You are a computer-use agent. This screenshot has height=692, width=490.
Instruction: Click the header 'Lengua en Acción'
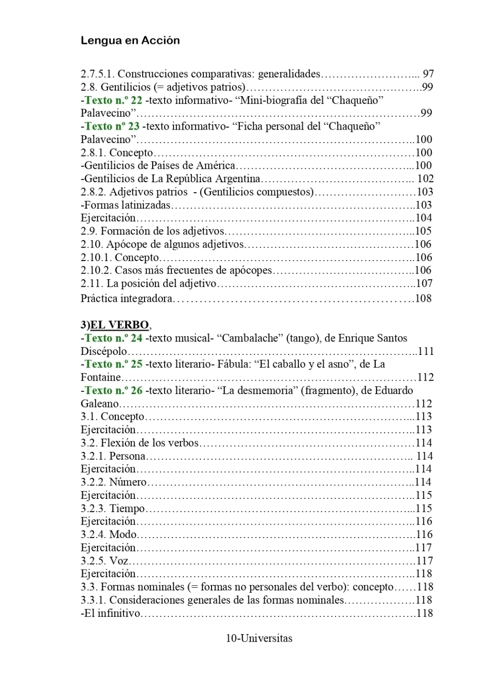pos(130,41)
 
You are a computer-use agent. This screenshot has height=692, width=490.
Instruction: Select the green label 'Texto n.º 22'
pos(113,100)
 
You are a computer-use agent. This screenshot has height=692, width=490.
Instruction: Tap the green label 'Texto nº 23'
pos(112,126)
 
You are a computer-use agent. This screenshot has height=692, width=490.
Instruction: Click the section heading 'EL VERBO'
pos(120,325)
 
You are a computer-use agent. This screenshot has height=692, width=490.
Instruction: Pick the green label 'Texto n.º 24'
pos(113,338)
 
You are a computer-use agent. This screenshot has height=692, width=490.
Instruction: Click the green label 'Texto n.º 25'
pos(113,364)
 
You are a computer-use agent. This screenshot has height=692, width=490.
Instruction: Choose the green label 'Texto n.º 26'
pos(113,390)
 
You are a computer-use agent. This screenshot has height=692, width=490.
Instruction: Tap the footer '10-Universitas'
pos(259,638)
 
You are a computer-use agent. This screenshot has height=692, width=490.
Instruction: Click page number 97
pos(428,74)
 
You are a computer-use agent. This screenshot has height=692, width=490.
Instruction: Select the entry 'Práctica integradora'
pos(126,298)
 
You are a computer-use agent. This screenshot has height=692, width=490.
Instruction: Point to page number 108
pos(423,298)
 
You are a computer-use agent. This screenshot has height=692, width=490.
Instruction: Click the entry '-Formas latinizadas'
pos(125,205)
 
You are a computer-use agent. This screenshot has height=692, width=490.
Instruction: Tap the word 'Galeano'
pos(99,404)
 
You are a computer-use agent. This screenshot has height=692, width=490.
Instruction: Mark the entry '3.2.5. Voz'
pos(104,560)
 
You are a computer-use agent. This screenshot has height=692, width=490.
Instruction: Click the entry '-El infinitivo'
pos(111,613)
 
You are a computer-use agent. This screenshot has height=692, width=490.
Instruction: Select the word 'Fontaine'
pos(100,377)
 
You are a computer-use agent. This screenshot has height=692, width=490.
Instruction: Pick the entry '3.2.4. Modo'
pos(109,534)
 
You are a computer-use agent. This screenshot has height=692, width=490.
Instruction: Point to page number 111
pos(425,351)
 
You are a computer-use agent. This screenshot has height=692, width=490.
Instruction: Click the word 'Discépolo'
pos(103,351)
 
